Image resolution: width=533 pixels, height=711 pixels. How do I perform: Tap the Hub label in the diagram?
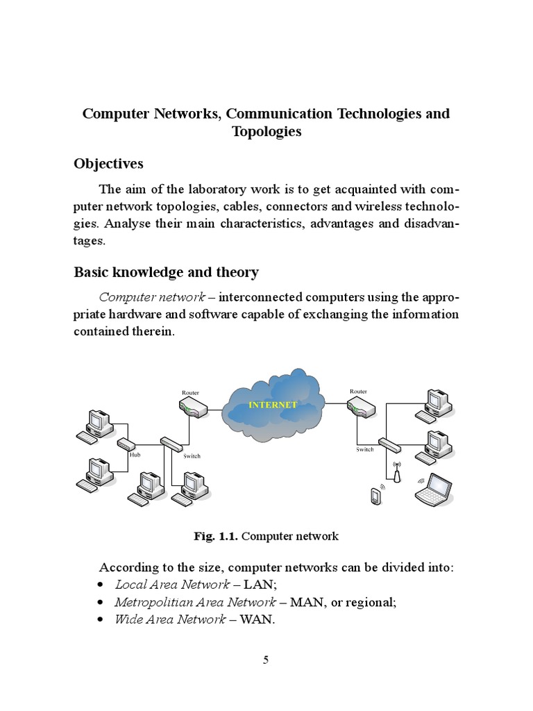(x=135, y=455)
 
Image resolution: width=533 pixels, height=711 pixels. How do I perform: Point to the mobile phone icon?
(x=375, y=497)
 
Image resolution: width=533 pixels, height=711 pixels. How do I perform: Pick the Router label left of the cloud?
(x=190, y=393)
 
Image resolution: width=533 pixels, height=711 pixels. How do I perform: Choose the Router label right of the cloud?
(x=358, y=392)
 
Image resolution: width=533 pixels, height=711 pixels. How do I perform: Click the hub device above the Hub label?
(x=127, y=444)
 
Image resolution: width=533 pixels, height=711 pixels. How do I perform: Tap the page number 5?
(x=266, y=660)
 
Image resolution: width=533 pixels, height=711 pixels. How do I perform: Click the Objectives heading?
(x=108, y=164)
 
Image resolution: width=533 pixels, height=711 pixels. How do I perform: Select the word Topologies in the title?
(x=266, y=131)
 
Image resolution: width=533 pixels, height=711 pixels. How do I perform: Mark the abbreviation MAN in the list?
(x=305, y=602)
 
